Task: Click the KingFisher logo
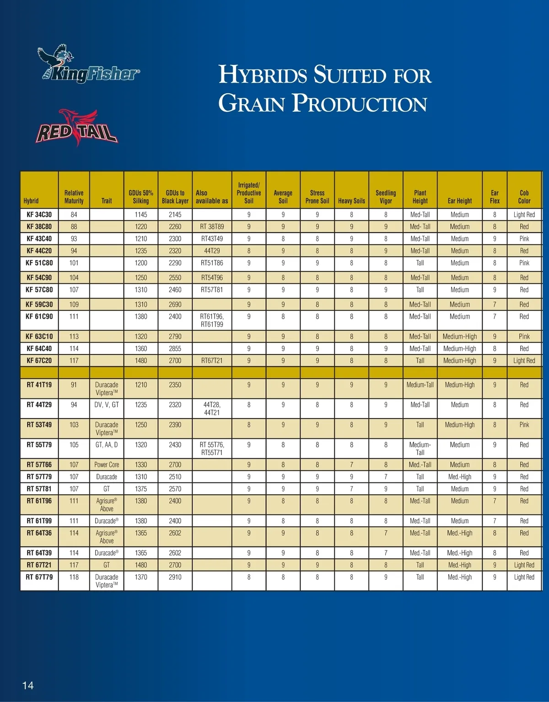(89, 65)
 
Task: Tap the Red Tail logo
(76, 128)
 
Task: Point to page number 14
(28, 685)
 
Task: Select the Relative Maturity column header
(74, 197)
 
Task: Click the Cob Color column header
(524, 197)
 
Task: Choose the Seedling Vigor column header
(386, 197)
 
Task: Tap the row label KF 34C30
(39, 214)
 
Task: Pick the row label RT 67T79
(39, 577)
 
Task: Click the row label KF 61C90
(39, 316)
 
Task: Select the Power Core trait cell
(107, 465)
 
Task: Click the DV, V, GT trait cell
(107, 405)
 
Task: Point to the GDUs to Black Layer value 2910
(175, 577)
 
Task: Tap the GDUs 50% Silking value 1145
(141, 214)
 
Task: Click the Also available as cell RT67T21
(212, 360)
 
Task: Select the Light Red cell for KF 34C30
(524, 214)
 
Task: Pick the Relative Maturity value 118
(74, 577)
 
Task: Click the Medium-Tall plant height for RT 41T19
(420, 385)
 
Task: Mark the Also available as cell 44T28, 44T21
(212, 408)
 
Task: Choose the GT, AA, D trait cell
(107, 445)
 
